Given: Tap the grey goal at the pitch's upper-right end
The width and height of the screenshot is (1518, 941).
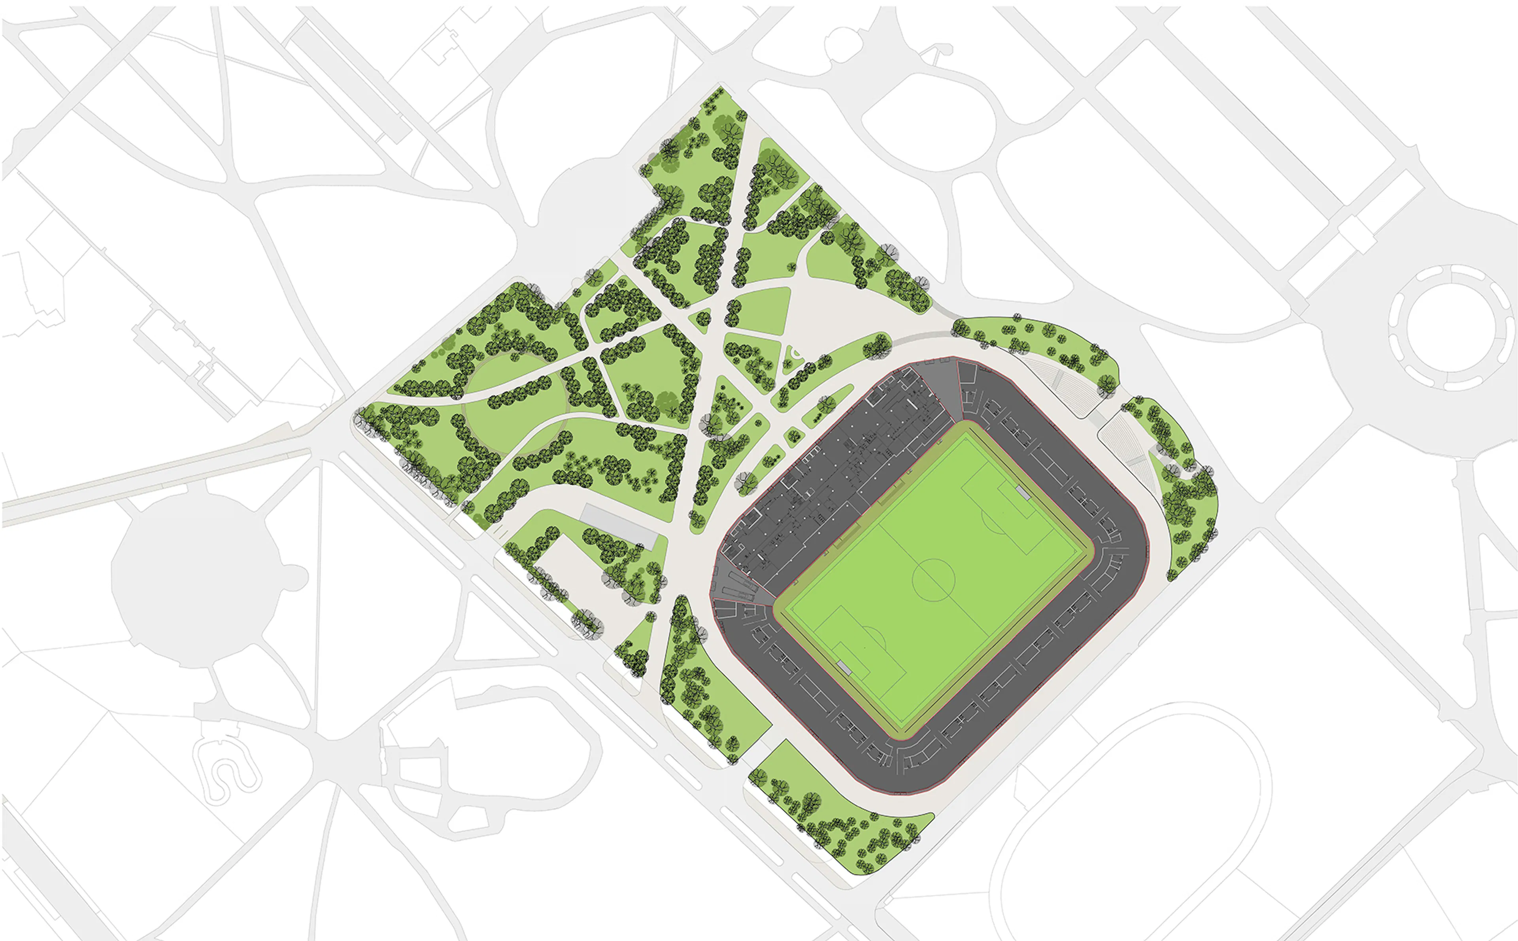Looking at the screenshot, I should (x=1022, y=493).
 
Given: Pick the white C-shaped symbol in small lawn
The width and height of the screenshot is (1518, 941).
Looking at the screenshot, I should (x=795, y=354).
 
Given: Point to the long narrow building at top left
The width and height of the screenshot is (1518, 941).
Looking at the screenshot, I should (x=349, y=81).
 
